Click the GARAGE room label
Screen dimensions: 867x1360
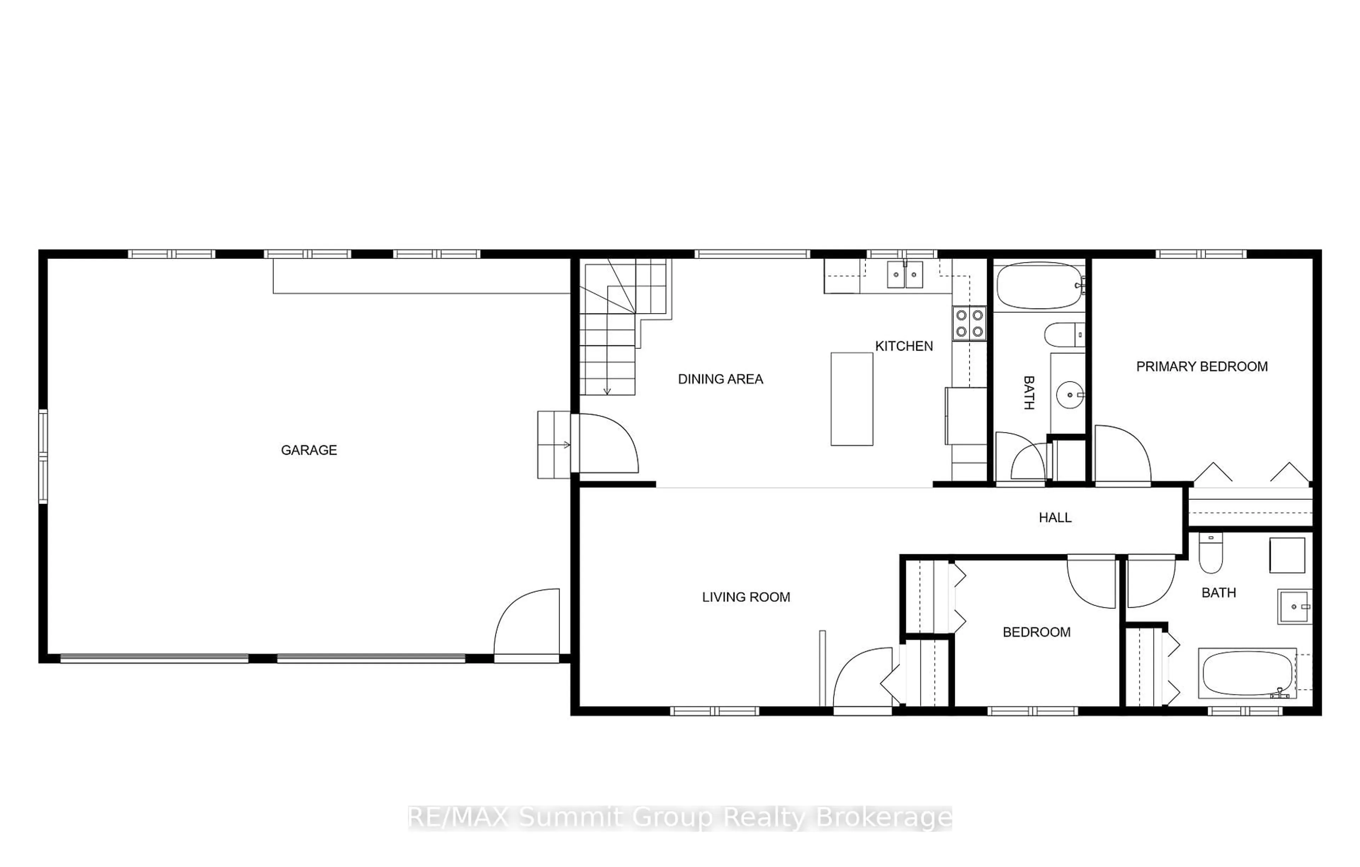[309, 450]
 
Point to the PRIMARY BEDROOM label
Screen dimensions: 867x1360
[1202, 367]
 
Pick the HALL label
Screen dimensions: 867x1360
[1055, 517]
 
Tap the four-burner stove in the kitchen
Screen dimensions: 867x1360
[969, 324]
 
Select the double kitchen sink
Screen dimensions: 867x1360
[905, 275]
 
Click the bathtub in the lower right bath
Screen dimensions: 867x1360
[1247, 673]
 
